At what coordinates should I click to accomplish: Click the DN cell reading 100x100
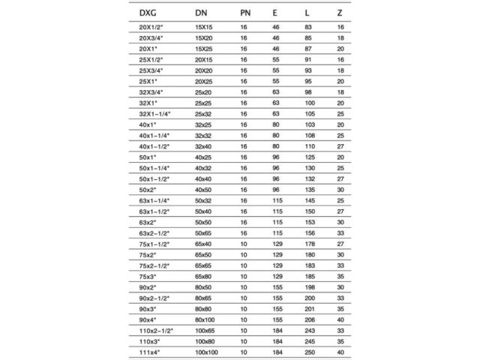pyautogui.click(x=206, y=352)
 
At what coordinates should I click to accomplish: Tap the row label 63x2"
pyautogui.click(x=149, y=221)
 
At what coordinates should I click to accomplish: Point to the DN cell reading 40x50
pyautogui.click(x=204, y=189)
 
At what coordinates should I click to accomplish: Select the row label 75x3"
pyautogui.click(x=149, y=276)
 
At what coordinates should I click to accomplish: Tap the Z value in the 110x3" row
pyautogui.click(x=340, y=341)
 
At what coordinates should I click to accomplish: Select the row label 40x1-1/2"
pyautogui.click(x=154, y=145)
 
